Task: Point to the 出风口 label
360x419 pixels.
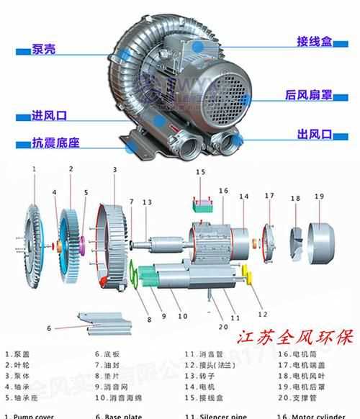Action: click(x=313, y=135)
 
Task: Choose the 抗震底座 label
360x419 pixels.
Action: click(x=55, y=143)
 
